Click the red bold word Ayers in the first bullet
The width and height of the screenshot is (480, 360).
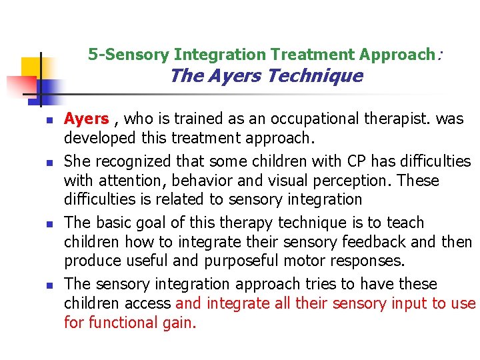(86, 119)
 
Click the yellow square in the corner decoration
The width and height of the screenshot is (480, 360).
(31, 67)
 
